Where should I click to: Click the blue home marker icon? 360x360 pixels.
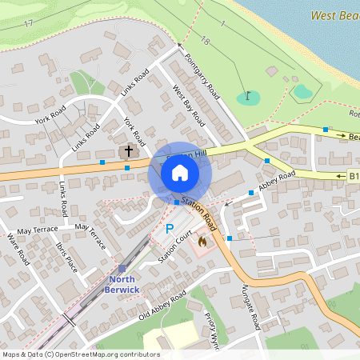pyautogui.click(x=180, y=173)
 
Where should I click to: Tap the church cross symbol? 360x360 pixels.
pyautogui.click(x=127, y=150)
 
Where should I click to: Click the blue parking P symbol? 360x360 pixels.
pyautogui.click(x=169, y=230)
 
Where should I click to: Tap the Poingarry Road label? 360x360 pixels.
pyautogui.click(x=202, y=75)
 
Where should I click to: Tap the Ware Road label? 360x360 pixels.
pyautogui.click(x=15, y=248)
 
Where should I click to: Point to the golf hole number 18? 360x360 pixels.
pyautogui.click(x=206, y=40)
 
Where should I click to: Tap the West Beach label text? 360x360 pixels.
pyautogui.click(x=333, y=15)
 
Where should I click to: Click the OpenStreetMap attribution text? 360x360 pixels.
pyautogui.click(x=80, y=354)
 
